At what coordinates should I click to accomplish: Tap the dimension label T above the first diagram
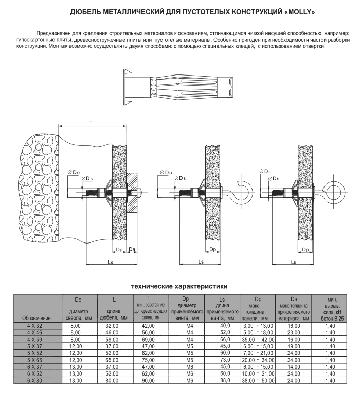[91, 122]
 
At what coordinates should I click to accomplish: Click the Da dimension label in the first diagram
[132, 249]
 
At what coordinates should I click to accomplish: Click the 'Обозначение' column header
[37, 318]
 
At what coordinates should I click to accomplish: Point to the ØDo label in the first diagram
[74, 171]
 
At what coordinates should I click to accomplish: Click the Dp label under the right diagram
[305, 249]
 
